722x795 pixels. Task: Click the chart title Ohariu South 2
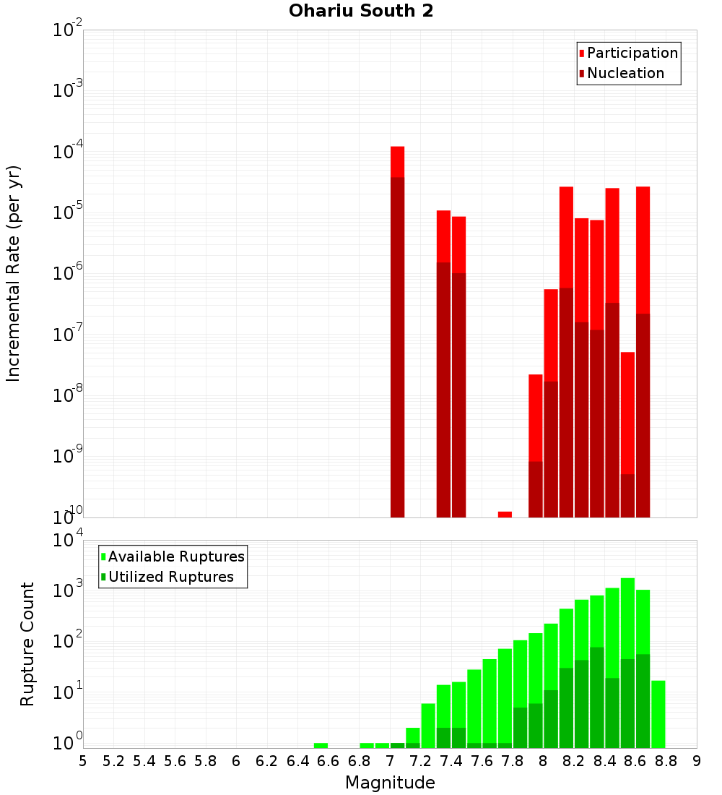361,12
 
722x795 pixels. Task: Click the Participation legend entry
632,53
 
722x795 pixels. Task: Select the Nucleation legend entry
625,73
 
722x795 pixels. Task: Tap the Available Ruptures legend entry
176,556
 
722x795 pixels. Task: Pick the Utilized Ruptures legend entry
170,577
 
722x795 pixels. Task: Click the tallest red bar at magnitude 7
397,162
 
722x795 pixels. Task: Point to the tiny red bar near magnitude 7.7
505,514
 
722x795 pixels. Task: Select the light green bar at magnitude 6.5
321,745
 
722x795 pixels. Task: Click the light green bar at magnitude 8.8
658,713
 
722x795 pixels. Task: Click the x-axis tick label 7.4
451,761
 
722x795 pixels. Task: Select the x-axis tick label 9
696,761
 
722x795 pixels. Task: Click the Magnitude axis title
390,783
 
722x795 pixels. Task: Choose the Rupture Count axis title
27,644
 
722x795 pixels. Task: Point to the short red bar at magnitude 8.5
627,412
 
